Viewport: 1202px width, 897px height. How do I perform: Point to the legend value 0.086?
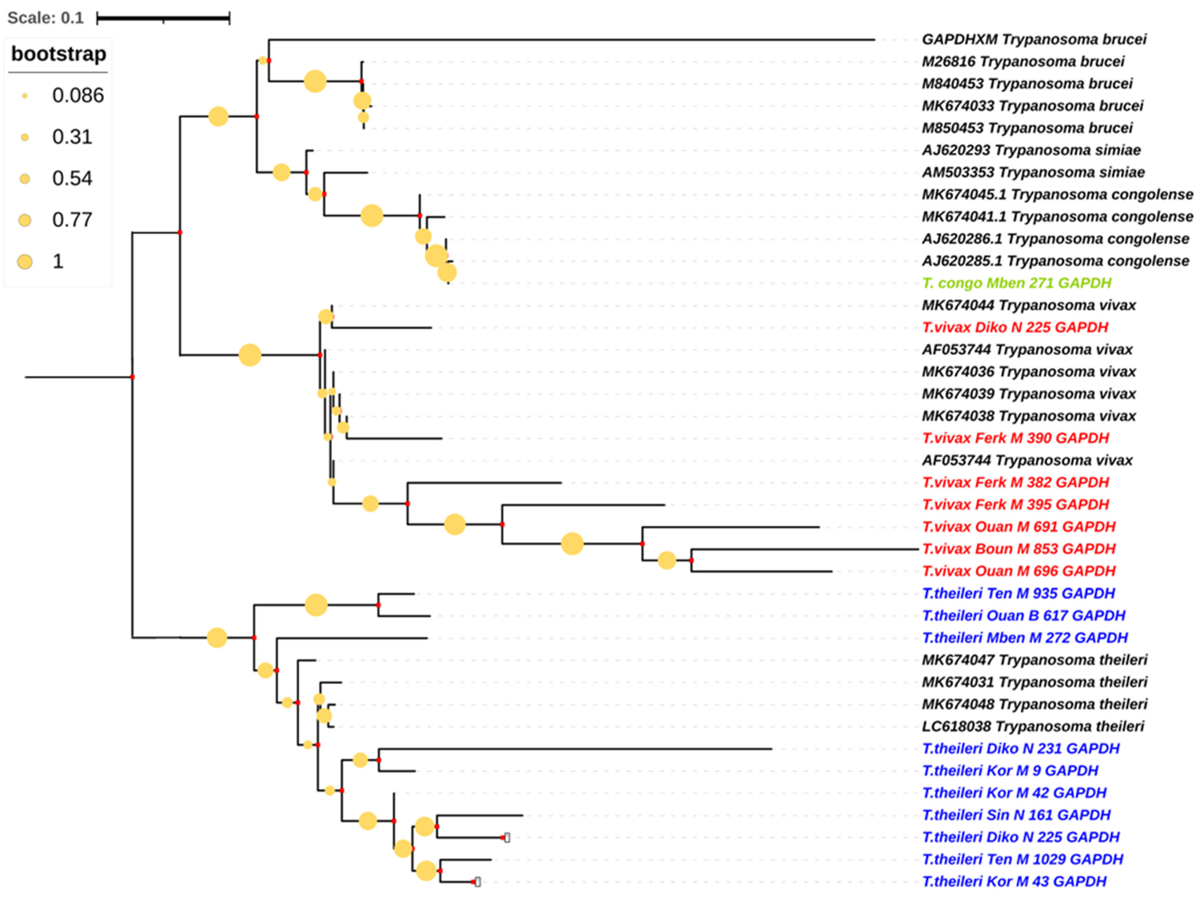(78, 96)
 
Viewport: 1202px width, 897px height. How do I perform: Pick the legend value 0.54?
(72, 179)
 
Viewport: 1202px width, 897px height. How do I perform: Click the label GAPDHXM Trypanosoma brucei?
(1034, 40)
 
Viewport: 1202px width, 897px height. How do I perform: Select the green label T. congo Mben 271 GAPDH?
(1016, 283)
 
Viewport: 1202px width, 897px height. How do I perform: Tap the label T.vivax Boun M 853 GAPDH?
(1018, 549)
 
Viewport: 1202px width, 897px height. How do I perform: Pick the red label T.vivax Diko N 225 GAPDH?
(1015, 327)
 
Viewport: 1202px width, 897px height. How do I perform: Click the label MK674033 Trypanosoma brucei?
(1032, 106)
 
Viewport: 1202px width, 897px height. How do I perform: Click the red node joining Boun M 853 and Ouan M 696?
(691, 560)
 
